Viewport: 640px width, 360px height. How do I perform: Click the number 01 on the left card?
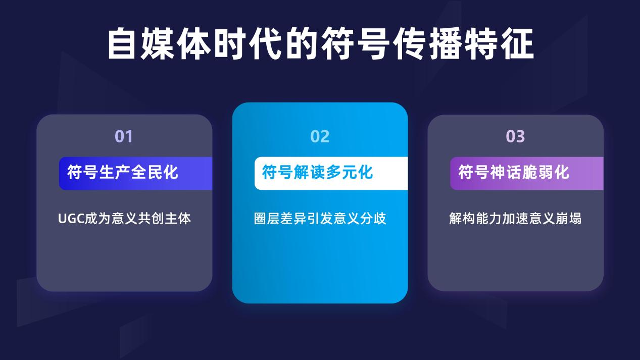click(x=124, y=136)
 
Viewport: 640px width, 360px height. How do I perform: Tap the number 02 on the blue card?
click(x=320, y=136)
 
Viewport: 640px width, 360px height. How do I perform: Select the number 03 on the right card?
click(x=515, y=136)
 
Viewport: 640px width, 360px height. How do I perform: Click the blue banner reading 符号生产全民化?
click(x=136, y=173)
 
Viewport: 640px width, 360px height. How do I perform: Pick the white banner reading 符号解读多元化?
click(x=331, y=173)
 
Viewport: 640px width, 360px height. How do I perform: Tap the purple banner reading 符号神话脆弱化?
click(x=527, y=173)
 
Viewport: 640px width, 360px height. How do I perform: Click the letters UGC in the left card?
click(x=71, y=219)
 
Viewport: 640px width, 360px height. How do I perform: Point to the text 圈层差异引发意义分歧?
click(x=320, y=219)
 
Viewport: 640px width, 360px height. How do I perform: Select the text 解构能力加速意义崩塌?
click(x=515, y=219)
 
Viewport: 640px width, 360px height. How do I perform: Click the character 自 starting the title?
click(x=121, y=43)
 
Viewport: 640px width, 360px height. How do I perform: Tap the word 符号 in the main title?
click(x=356, y=43)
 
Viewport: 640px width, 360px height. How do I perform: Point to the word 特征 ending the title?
click(x=499, y=43)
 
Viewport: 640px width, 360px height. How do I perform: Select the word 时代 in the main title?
click(x=249, y=43)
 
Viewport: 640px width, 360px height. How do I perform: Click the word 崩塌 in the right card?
click(x=569, y=219)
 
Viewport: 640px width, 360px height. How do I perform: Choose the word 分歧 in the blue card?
click(x=373, y=219)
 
